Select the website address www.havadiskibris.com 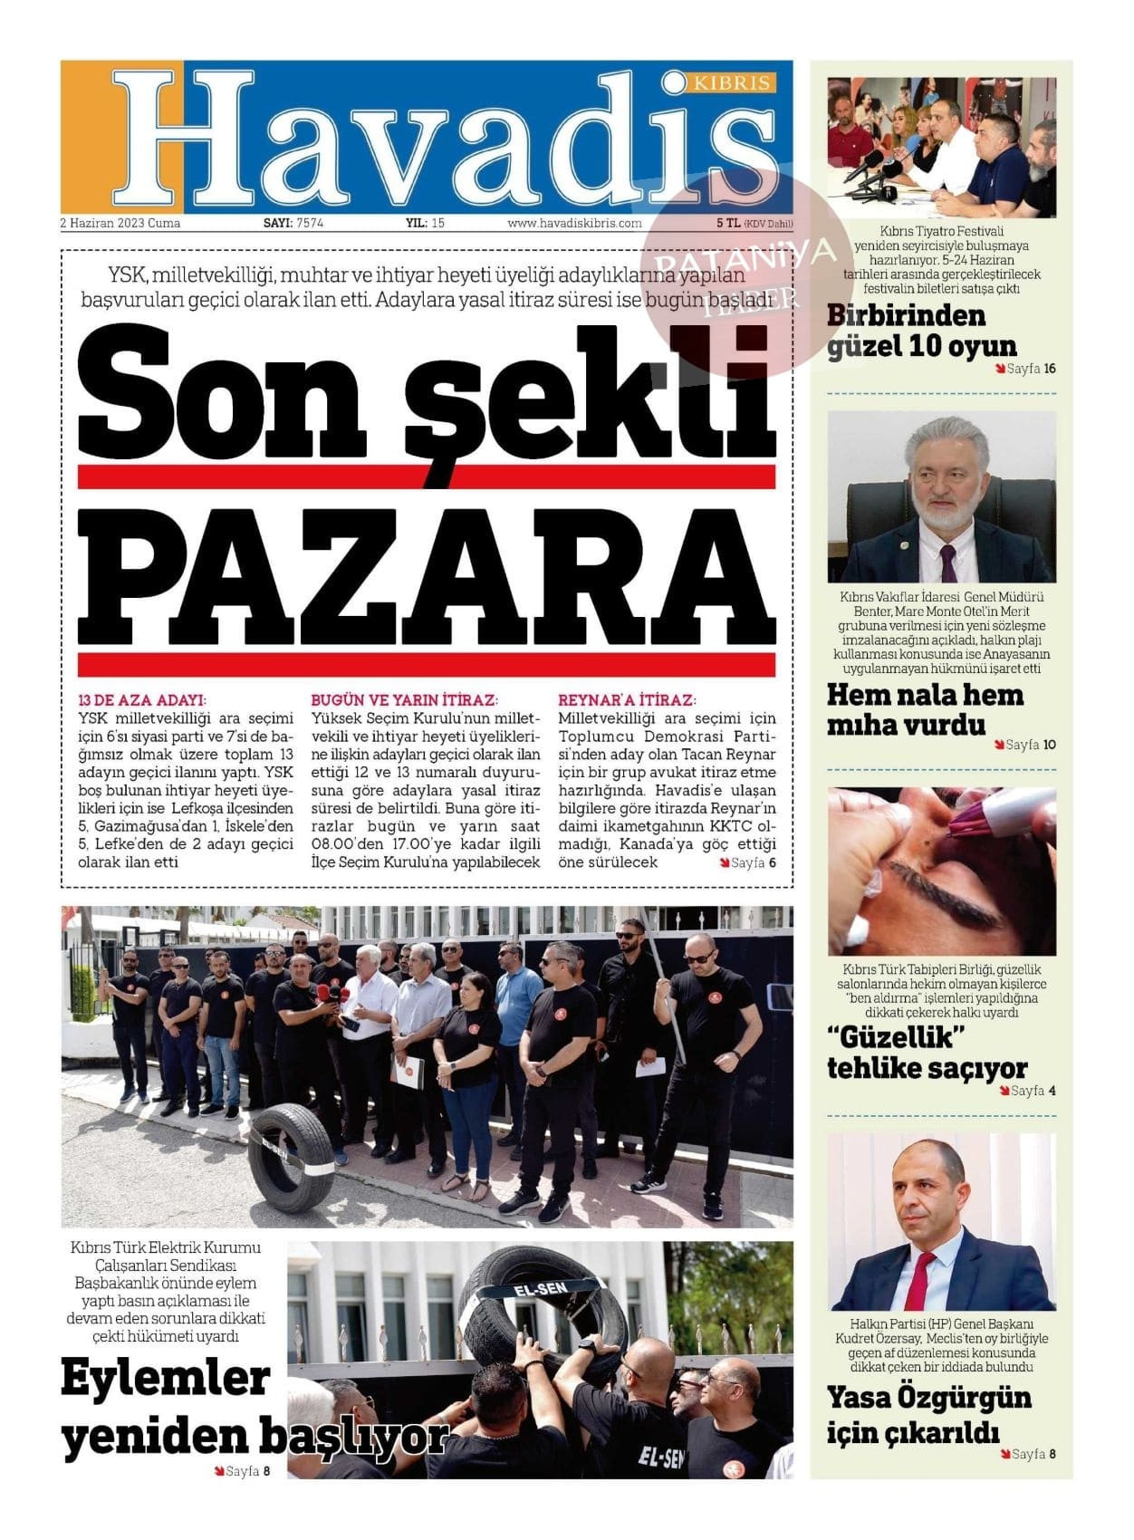tap(574, 223)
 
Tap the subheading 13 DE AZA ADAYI tap(143, 700)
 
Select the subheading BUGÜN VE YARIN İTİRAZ tap(404, 700)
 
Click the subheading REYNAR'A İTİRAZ tap(627, 700)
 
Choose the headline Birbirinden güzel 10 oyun tap(921, 331)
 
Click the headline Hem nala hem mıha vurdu tap(924, 710)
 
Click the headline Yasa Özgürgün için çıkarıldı tap(928, 1413)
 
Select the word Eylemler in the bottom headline tap(166, 1379)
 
